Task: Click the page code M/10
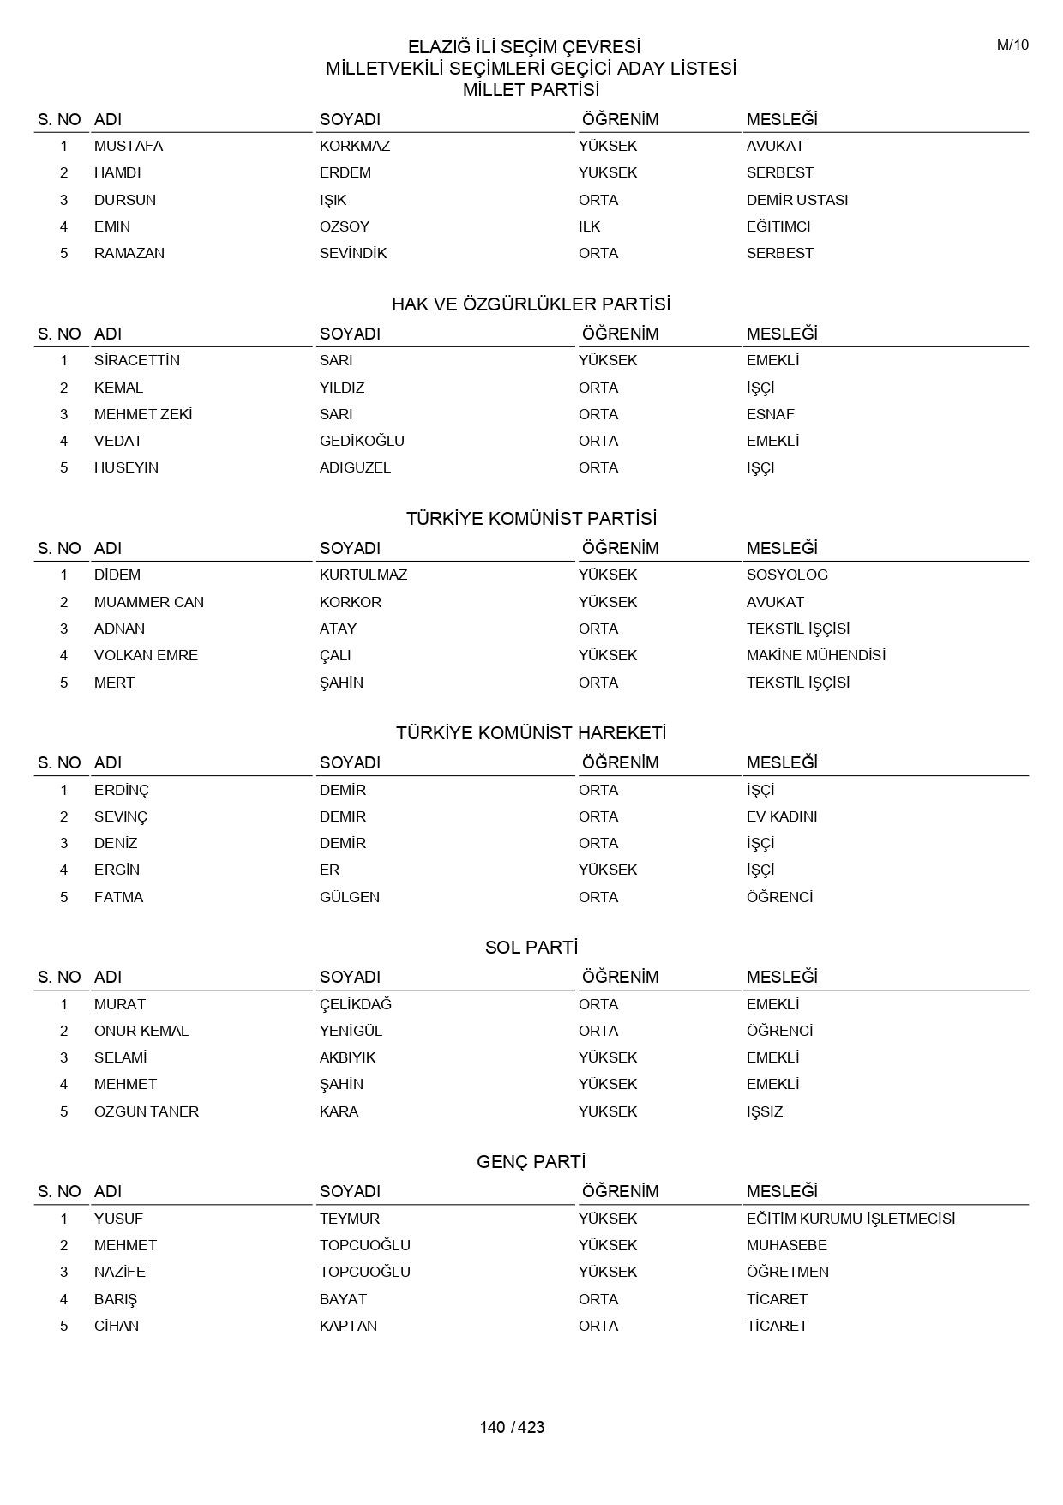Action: pos(1012,45)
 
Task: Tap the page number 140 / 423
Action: pos(512,1427)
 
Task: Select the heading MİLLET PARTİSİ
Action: pos(531,90)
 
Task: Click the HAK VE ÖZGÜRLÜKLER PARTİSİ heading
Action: pos(531,304)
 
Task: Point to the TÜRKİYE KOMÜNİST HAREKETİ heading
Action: pos(531,733)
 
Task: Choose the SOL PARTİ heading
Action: pos(531,948)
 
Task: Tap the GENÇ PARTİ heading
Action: pos(531,1162)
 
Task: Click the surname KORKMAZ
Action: pos(355,146)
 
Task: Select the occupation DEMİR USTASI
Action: pos(796,200)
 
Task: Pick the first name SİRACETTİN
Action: pos(137,360)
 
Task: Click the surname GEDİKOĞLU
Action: pos(362,441)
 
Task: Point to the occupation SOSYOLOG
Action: pos(787,575)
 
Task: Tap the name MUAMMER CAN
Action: pos(149,602)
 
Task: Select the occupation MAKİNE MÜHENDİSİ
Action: pos(815,655)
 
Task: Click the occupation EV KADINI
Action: pos(781,816)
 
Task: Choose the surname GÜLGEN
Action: pos(350,897)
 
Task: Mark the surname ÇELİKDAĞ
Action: pos(356,1004)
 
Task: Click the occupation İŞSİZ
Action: pos(765,1111)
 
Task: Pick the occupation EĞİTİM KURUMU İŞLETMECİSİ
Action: pos(850,1219)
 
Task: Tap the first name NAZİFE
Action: pos(120,1272)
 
